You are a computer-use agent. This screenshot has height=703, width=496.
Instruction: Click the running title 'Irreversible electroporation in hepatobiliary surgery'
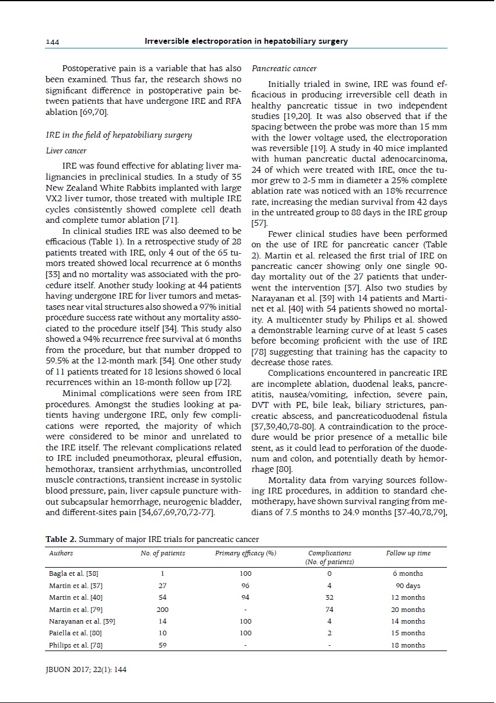(246, 41)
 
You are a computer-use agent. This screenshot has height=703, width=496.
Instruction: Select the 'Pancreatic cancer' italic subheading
(276, 69)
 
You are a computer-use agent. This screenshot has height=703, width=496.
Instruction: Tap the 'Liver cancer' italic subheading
(66, 151)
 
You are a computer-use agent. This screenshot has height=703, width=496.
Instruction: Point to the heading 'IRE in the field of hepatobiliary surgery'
(119, 135)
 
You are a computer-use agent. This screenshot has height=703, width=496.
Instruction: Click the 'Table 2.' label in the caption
(61, 539)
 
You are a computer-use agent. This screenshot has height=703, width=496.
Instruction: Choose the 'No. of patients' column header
(162, 553)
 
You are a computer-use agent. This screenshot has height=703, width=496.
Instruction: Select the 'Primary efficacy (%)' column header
(245, 553)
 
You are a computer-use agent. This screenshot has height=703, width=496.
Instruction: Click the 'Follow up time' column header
(408, 553)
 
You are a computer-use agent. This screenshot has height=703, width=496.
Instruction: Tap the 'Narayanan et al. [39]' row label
(82, 621)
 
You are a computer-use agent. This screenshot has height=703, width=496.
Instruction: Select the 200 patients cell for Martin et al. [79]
(162, 610)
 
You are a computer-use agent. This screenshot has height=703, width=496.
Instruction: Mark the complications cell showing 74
(329, 610)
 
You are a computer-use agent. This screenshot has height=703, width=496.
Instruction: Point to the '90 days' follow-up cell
(408, 586)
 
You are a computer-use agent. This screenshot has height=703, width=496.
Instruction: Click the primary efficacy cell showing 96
(245, 586)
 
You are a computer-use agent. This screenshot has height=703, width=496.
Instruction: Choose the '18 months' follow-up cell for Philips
(408, 645)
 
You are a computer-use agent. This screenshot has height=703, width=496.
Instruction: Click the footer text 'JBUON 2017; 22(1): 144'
(86, 669)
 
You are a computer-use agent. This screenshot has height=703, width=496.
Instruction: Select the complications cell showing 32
(329, 597)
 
